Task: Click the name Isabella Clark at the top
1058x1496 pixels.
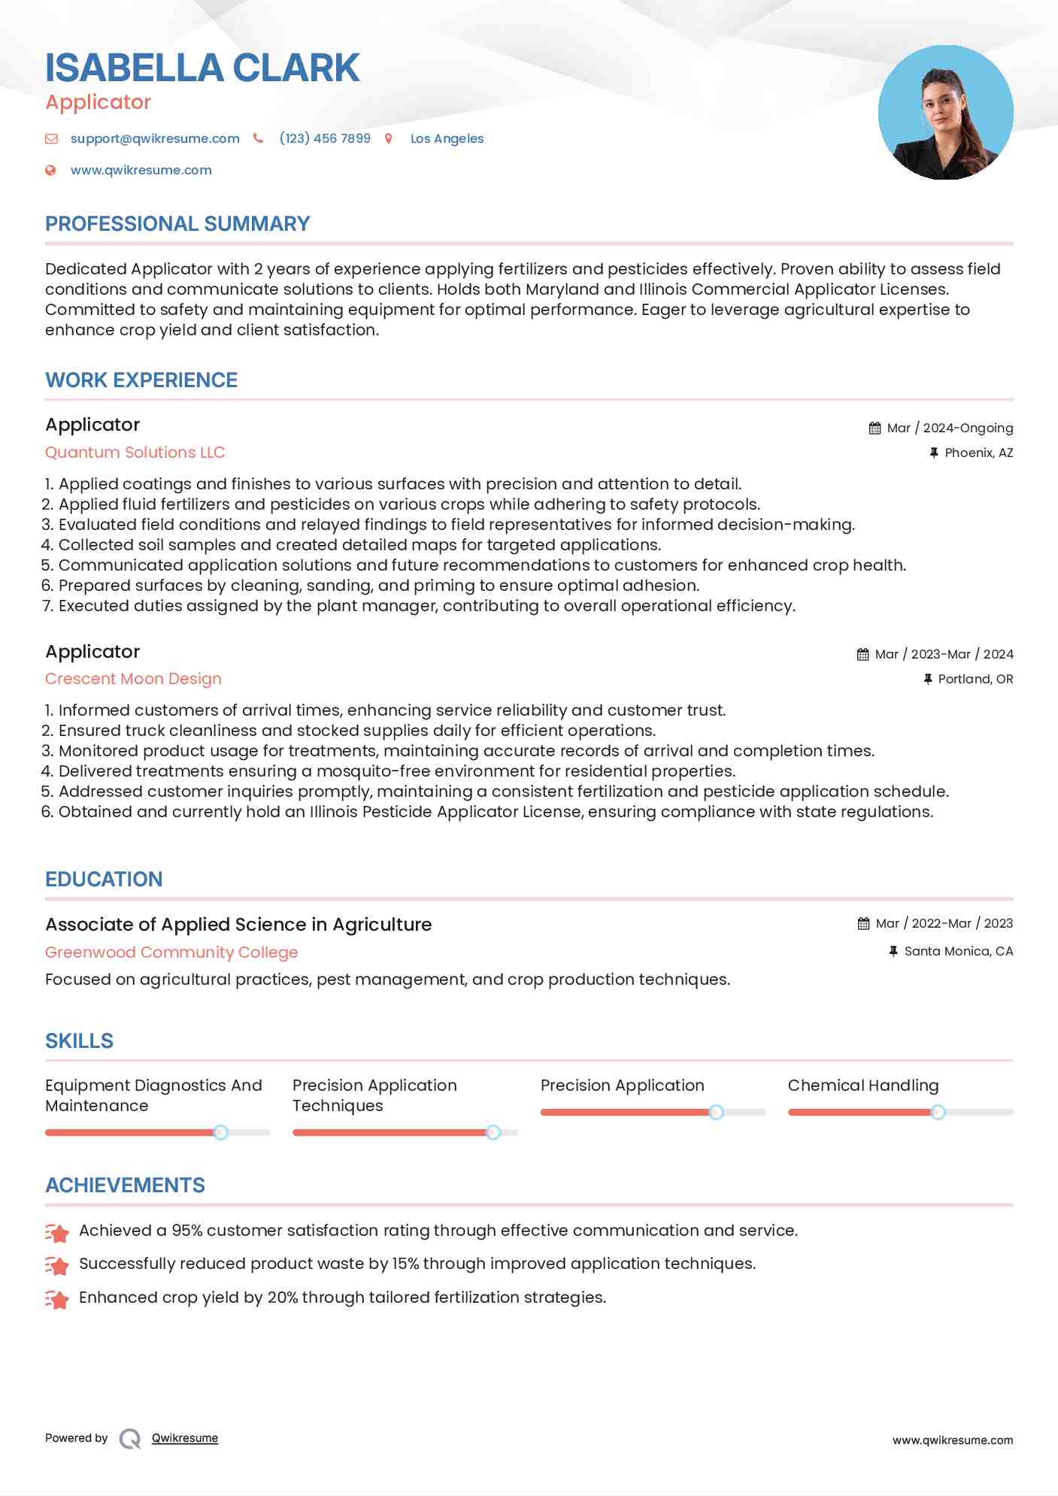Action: pyautogui.click(x=202, y=68)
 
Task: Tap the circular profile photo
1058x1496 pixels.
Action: pyautogui.click(x=945, y=113)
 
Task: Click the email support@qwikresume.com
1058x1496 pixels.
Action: pyautogui.click(x=155, y=138)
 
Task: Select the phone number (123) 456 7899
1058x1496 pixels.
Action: pyautogui.click(x=325, y=138)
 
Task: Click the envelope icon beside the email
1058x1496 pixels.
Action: pyautogui.click(x=51, y=138)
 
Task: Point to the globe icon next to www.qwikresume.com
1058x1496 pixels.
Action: pyautogui.click(x=50, y=170)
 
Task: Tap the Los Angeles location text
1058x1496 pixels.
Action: pyautogui.click(x=447, y=138)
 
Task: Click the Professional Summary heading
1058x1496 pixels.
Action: pyautogui.click(x=177, y=224)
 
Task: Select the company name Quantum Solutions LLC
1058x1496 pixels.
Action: pyautogui.click(x=135, y=453)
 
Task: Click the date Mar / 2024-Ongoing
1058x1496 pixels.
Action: pyautogui.click(x=950, y=428)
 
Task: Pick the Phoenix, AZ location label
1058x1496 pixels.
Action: pyautogui.click(x=978, y=453)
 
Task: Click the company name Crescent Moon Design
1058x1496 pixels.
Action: pyautogui.click(x=133, y=679)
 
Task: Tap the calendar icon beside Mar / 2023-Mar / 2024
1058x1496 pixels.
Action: pyautogui.click(x=862, y=654)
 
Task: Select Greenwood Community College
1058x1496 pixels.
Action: pyautogui.click(x=171, y=952)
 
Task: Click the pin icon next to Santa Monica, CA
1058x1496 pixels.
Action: pyautogui.click(x=893, y=951)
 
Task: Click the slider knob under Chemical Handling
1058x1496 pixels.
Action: pyautogui.click(x=938, y=1112)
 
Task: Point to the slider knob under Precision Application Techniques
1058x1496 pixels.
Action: pyautogui.click(x=493, y=1132)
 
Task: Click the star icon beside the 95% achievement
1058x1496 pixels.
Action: pyautogui.click(x=57, y=1232)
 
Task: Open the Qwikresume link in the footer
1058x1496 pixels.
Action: pyautogui.click(x=185, y=1438)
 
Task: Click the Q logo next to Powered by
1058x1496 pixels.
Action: pyautogui.click(x=130, y=1438)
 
